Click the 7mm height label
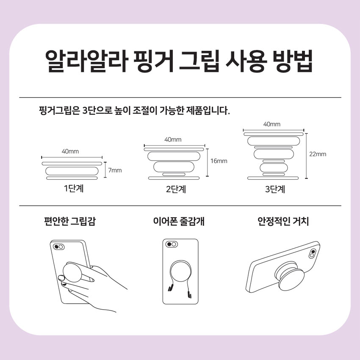coord(115,170)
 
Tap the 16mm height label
coord(219,161)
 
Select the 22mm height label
coord(318,154)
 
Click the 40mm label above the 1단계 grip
coord(70,151)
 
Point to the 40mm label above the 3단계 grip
coord(272,124)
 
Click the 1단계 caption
coord(74,188)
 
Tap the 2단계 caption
coord(176,189)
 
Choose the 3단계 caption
coord(275,189)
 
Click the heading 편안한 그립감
coord(70,222)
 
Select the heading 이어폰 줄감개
coord(179,222)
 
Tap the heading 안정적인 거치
coord(283,222)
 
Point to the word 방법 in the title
coord(293,61)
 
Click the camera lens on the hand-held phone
coord(59,247)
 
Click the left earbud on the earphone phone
coord(170,288)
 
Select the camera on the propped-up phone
coord(312,253)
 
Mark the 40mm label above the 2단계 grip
coord(173,140)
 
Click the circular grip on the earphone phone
coord(181,271)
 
